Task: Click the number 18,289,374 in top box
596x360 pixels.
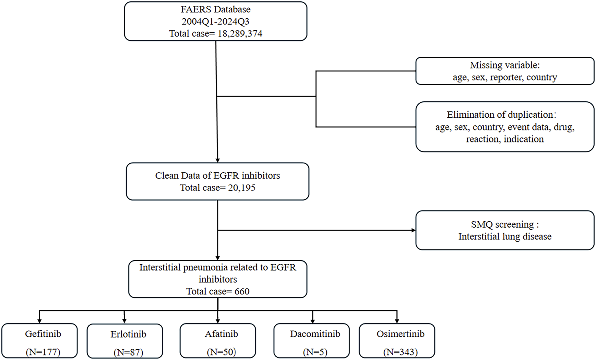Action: pyautogui.click(x=240, y=34)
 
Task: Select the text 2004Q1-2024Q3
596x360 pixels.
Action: pyautogui.click(x=215, y=22)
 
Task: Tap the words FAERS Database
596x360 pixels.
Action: pyautogui.click(x=215, y=9)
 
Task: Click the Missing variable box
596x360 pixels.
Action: pyautogui.click(x=504, y=71)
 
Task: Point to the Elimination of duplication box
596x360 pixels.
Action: pyautogui.click(x=504, y=127)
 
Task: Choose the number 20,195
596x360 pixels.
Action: pyautogui.click(x=241, y=188)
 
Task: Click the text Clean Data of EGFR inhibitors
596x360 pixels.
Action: pyautogui.click(x=217, y=176)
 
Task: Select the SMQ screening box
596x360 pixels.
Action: pyautogui.click(x=504, y=230)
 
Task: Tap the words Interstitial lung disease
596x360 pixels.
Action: pyautogui.click(x=504, y=236)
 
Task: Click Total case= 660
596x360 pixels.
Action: pyautogui.click(x=217, y=291)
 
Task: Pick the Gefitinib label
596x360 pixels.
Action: pyautogui.click(x=43, y=334)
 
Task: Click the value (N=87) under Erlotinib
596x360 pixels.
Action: pyautogui.click(x=128, y=352)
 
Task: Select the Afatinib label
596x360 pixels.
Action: pyautogui.click(x=221, y=334)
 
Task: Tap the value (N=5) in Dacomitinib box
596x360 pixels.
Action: pyautogui.click(x=315, y=352)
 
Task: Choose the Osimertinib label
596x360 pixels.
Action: pyautogui.click(x=400, y=334)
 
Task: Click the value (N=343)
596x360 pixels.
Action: pyautogui.click(x=400, y=352)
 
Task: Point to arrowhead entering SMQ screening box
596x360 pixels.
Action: pyautogui.click(x=414, y=230)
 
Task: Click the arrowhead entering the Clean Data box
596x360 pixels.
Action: pyautogui.click(x=217, y=160)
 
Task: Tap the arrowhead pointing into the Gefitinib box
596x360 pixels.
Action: pyautogui.click(x=39, y=321)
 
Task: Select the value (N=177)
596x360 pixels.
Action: pyautogui.click(x=43, y=352)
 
